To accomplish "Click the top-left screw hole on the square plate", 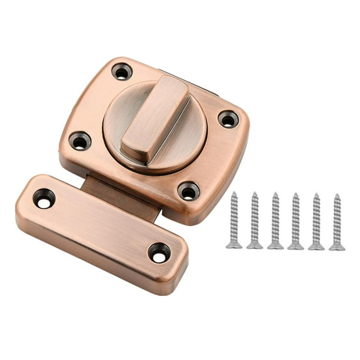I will point(122,72).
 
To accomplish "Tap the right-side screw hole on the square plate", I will point(228,119).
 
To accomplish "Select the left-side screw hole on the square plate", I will point(79,141).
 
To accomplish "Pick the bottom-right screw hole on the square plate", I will point(188,191).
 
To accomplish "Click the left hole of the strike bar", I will point(44,198).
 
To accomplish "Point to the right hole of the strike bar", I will point(159,252).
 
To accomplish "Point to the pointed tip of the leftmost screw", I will point(234,194).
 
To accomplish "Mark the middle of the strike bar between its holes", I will point(101,226).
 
